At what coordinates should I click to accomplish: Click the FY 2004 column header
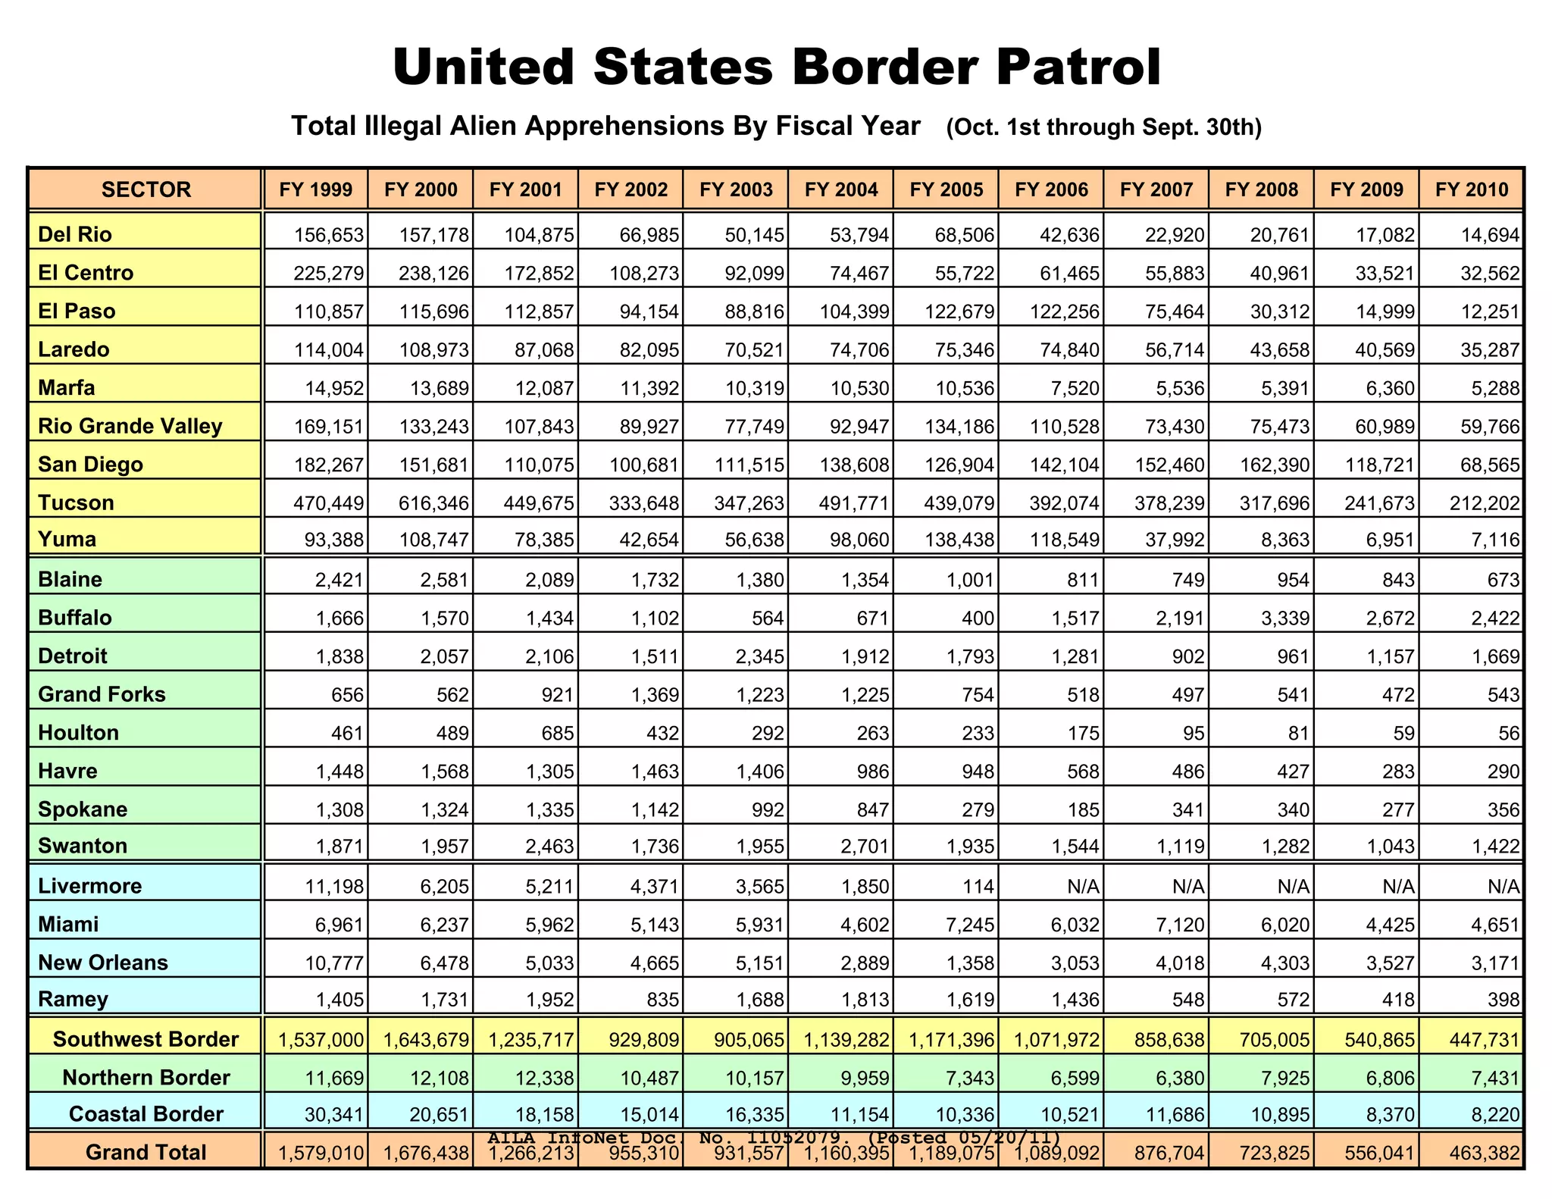[x=841, y=189]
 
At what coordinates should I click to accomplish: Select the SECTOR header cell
[x=146, y=189]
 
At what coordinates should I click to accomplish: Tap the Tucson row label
[x=77, y=502]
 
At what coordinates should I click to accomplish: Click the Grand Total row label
[x=146, y=1153]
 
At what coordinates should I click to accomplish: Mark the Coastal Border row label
[x=146, y=1114]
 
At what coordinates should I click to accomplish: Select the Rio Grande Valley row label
[x=130, y=427]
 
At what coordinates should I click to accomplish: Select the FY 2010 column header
[x=1472, y=189]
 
